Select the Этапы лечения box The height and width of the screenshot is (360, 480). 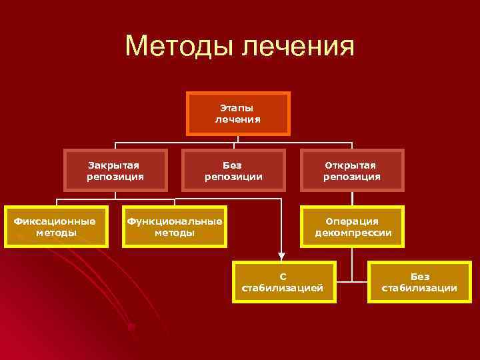pyautogui.click(x=238, y=113)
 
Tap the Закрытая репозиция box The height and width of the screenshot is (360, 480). pyautogui.click(x=115, y=171)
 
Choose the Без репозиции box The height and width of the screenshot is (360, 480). pyautogui.click(x=233, y=171)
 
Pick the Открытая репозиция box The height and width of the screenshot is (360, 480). pyautogui.click(x=352, y=171)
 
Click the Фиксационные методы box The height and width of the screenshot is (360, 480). pyautogui.click(x=56, y=227)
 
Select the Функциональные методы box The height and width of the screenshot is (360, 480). pyautogui.click(x=175, y=227)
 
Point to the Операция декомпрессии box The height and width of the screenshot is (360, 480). pyautogui.click(x=353, y=227)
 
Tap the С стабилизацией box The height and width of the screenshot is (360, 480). pyautogui.click(x=283, y=281)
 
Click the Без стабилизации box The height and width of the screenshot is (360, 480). pyautogui.click(x=420, y=281)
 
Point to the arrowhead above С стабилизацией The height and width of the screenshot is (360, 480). pyautogui.click(x=281, y=255)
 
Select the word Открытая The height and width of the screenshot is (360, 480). pyautogui.click(x=351, y=165)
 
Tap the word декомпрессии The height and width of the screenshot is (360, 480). pyautogui.click(x=353, y=233)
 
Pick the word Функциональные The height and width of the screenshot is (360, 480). pyautogui.click(x=175, y=221)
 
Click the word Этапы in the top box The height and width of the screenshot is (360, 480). pyautogui.click(x=237, y=107)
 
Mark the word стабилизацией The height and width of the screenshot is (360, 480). pyautogui.click(x=283, y=288)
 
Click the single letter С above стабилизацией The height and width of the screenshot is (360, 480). pyautogui.click(x=283, y=276)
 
